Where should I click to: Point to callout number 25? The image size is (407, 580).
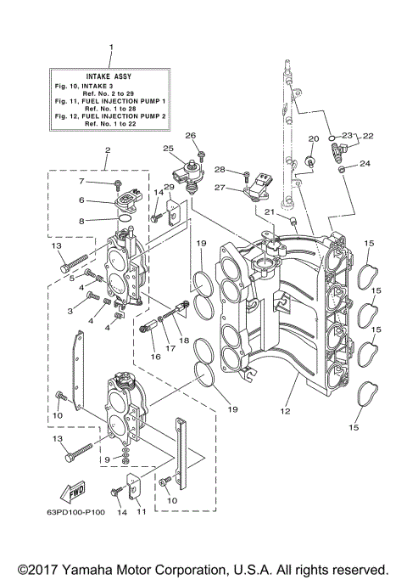170,147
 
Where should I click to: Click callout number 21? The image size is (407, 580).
268,211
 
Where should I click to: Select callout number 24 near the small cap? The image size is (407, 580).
365,164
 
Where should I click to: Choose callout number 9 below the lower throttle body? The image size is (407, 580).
107,459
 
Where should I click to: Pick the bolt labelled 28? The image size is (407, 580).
246,177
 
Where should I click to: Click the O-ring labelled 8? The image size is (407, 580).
125,218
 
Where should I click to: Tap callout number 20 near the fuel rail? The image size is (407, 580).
313,138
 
